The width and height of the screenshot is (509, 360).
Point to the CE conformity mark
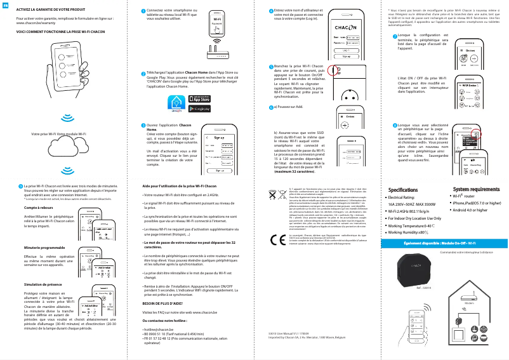[x=277, y=241]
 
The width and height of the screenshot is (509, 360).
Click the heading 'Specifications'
[x=402, y=189]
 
